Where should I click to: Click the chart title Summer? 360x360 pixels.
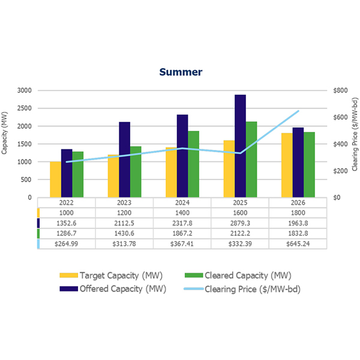click(x=181, y=72)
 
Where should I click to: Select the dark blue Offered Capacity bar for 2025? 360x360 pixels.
click(x=240, y=146)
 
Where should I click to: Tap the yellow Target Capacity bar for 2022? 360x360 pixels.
click(x=55, y=179)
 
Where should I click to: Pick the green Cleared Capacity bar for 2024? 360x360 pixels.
click(x=193, y=164)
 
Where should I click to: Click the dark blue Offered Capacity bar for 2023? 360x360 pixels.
click(x=124, y=159)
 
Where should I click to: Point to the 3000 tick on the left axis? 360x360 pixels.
click(x=25, y=91)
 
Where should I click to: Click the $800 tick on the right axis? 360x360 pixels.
click(x=339, y=91)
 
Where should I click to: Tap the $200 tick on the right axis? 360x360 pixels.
click(x=339, y=170)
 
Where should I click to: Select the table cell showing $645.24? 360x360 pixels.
click(x=298, y=244)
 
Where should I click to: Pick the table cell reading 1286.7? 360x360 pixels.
click(x=67, y=233)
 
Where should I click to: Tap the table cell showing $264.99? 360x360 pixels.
click(x=67, y=244)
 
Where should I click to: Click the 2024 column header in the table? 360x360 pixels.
click(x=182, y=203)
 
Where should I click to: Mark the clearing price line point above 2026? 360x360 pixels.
click(x=298, y=111)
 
